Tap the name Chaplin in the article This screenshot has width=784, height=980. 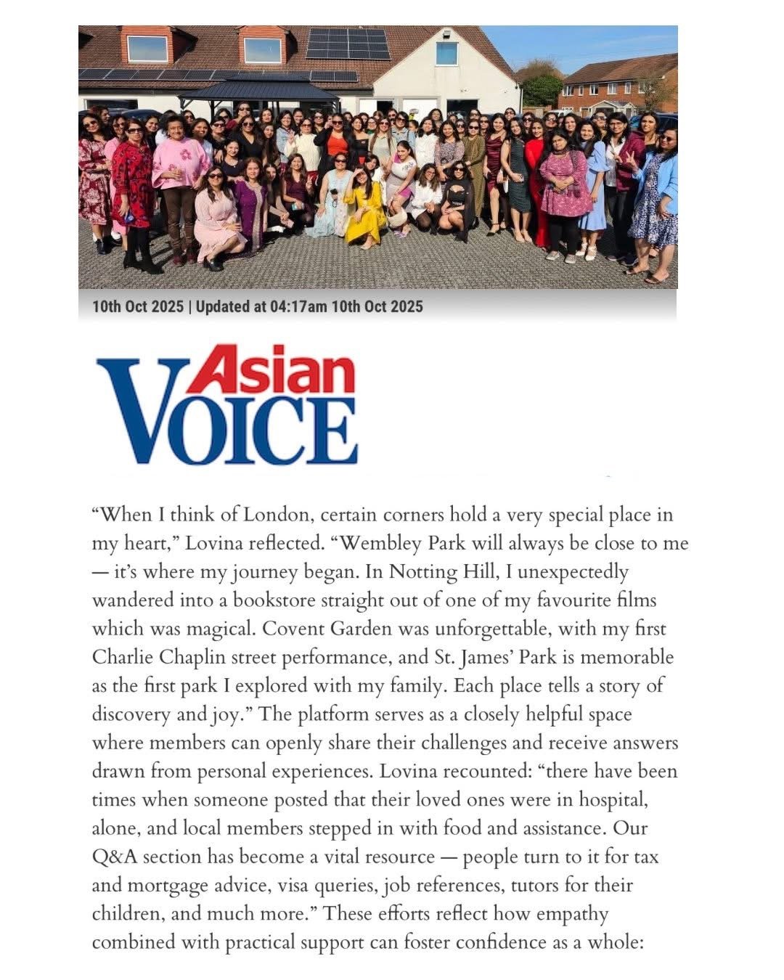pyautogui.click(x=184, y=658)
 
